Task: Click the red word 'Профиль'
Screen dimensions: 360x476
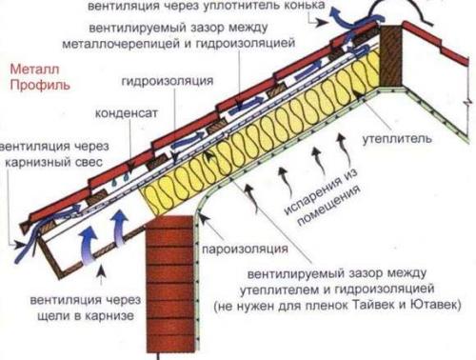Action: point(35,84)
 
